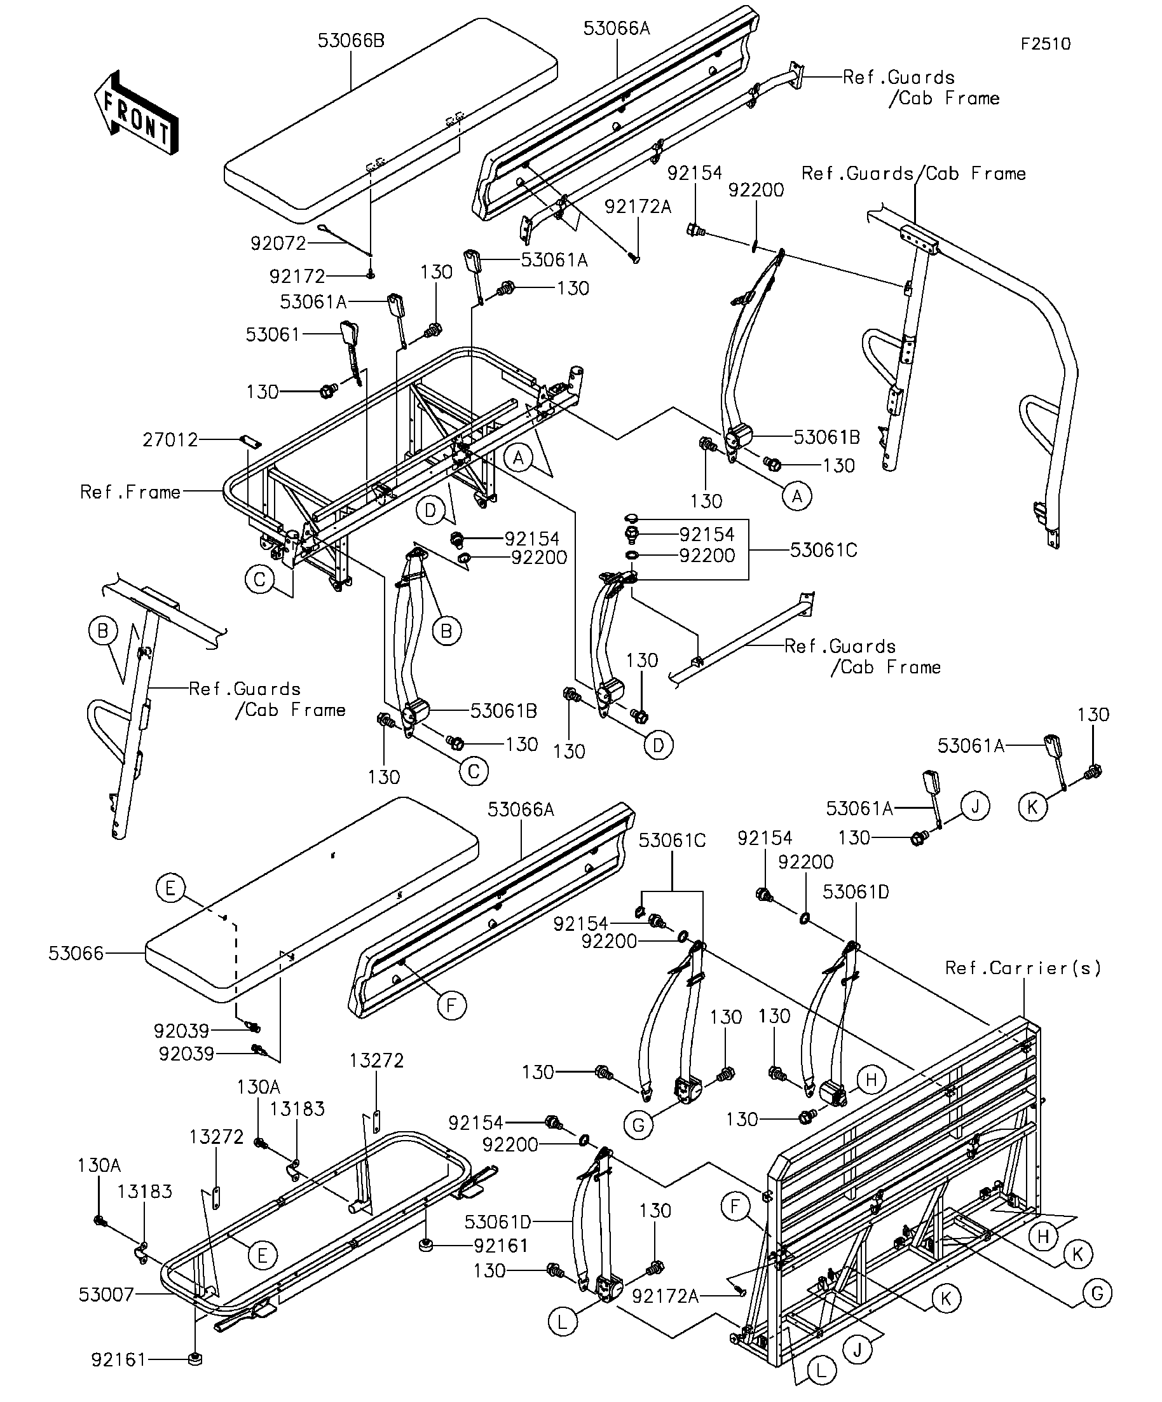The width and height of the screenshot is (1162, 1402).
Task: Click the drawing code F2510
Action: point(1045,44)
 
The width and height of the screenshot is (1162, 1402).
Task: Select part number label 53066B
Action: point(351,41)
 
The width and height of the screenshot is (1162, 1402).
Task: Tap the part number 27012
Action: point(170,440)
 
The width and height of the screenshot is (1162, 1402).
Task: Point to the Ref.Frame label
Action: point(130,492)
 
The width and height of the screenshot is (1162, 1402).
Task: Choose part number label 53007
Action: point(107,1295)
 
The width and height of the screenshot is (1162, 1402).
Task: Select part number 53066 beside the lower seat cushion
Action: point(76,953)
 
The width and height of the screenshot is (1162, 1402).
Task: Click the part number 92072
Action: point(278,244)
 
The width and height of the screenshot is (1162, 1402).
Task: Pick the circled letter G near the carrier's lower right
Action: point(1097,1294)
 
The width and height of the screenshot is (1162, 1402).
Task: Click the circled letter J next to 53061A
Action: point(975,806)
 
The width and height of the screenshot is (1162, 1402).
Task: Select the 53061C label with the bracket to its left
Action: point(824,550)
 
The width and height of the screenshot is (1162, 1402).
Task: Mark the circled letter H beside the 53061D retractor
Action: point(870,1080)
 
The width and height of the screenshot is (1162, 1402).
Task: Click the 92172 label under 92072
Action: point(297,277)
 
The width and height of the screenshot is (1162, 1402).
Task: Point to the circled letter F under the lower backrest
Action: point(452,1005)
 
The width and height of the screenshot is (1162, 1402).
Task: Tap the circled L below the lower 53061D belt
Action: point(563,1322)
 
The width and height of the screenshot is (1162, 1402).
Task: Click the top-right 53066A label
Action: point(617,29)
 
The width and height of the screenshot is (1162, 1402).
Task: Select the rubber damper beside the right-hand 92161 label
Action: point(425,1245)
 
